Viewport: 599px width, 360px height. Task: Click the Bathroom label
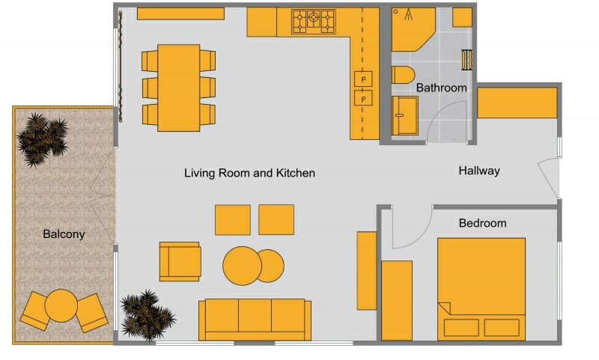pos(441,88)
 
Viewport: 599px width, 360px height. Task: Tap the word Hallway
pos(478,171)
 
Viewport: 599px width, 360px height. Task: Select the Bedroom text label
pos(482,223)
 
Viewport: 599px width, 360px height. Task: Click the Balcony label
pos(64,234)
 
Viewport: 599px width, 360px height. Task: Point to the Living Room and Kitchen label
pos(249,173)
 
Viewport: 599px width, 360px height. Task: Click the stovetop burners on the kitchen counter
pos(313,21)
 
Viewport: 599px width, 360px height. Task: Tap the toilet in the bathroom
pos(403,76)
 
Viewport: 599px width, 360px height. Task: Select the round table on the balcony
pos(61,305)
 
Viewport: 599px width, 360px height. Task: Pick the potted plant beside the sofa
pos(147,313)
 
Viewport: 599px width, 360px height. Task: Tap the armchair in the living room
pos(180,260)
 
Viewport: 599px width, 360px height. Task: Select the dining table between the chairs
pos(179,88)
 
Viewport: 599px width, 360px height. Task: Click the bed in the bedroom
pos(481,288)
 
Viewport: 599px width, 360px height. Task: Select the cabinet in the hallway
pos(517,103)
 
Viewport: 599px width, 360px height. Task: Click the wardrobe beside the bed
pos(397,299)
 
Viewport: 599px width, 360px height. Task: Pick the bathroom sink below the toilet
pos(405,116)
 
